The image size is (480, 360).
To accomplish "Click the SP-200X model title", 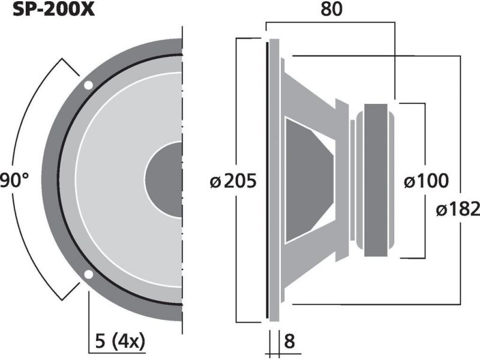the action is click(53, 10).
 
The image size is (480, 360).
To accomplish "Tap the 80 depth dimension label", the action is click(332, 9).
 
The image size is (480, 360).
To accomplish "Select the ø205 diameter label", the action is click(233, 181).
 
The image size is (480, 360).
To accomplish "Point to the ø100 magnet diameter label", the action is click(426, 181).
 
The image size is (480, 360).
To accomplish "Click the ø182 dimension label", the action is click(458, 209).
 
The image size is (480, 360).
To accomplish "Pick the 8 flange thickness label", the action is click(290, 341).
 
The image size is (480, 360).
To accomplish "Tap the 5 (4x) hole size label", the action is click(120, 341).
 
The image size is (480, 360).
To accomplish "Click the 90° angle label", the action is click(14, 180).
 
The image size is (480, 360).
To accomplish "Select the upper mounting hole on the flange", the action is click(88, 85).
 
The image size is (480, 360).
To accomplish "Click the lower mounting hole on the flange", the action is click(88, 275).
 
